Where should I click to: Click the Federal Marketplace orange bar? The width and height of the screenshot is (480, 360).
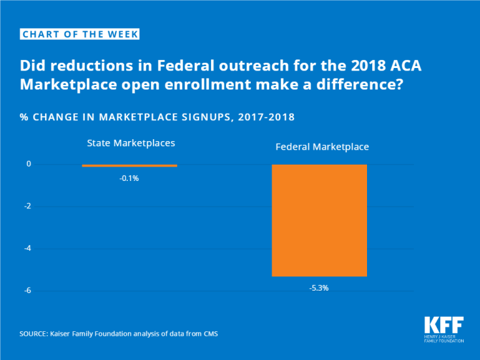point(319,220)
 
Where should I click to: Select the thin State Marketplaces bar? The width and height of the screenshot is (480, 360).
point(129,165)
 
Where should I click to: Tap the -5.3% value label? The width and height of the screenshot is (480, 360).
point(319,287)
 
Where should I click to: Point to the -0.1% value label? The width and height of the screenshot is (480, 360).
point(129,177)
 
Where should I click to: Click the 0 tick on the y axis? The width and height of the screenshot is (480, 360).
point(29,164)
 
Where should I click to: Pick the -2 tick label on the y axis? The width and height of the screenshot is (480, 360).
point(28,206)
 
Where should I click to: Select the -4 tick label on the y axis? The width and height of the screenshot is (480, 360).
point(28,248)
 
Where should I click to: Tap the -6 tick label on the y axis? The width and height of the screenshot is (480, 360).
point(28,290)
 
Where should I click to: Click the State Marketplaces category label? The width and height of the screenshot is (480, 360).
point(130,142)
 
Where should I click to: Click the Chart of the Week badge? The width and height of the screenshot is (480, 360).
point(80,34)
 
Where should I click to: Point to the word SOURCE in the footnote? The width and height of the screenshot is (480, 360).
point(34,335)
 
